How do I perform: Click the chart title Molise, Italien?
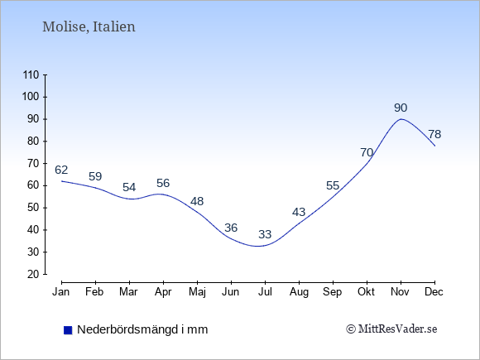click(89, 26)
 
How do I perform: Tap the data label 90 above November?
click(401, 108)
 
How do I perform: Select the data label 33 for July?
click(265, 234)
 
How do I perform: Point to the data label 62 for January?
click(61, 170)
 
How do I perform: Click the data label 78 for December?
click(434, 134)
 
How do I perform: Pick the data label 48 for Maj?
click(197, 201)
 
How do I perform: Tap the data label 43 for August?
click(299, 212)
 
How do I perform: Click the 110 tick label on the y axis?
click(31, 75)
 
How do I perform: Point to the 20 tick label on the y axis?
click(33, 274)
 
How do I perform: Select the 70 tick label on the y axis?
click(33, 164)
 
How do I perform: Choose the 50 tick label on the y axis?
click(33, 208)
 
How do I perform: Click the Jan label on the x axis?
click(61, 292)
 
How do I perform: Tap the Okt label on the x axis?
click(366, 292)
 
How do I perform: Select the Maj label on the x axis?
click(197, 292)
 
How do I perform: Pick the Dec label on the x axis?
click(434, 292)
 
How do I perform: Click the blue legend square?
click(68, 330)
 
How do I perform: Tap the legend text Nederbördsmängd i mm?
click(142, 329)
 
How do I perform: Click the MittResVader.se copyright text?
click(391, 329)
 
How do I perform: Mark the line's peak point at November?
click(401, 119)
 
